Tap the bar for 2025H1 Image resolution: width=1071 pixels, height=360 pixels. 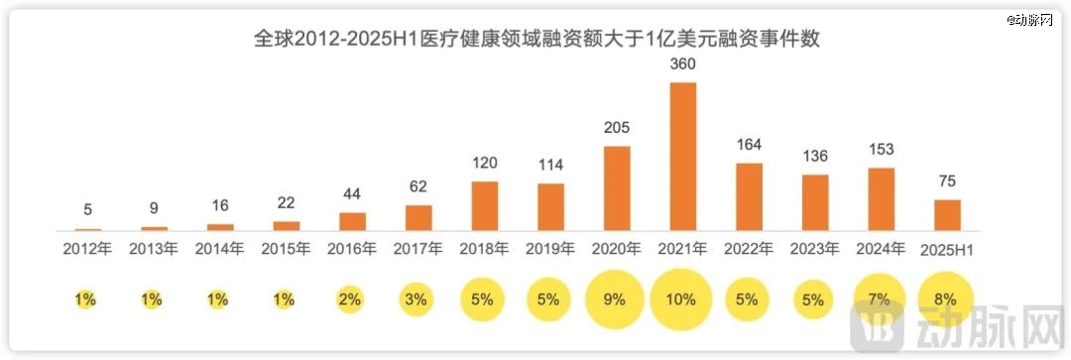947,215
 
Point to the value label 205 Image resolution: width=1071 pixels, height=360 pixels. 617,128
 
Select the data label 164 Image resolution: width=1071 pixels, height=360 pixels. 749,145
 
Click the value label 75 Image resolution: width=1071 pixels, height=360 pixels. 947,181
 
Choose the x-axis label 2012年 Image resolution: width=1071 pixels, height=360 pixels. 87,249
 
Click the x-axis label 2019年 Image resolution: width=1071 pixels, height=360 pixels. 550,249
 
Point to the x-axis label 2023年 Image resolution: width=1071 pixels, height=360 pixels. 815,249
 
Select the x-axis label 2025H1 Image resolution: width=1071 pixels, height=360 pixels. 947,249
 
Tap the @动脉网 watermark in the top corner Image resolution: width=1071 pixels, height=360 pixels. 1035,20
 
